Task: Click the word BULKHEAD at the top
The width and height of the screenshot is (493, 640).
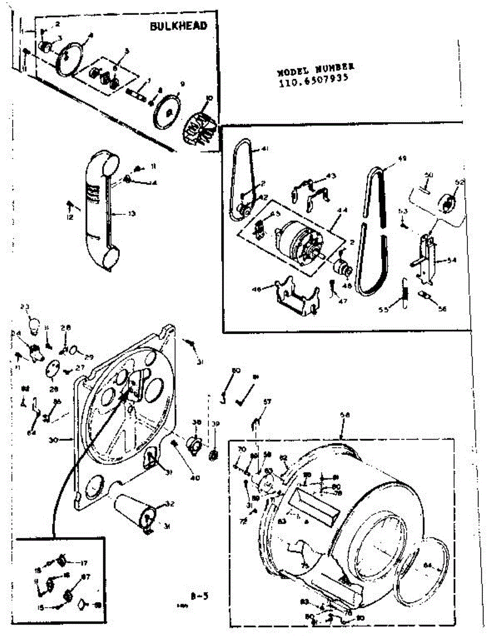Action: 177,26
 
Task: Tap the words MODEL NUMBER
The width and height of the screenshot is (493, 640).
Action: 316,69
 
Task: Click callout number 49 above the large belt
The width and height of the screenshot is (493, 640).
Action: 402,158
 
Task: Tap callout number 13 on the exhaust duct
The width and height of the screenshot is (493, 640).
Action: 131,213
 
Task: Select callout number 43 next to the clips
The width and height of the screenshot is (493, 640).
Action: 331,176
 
